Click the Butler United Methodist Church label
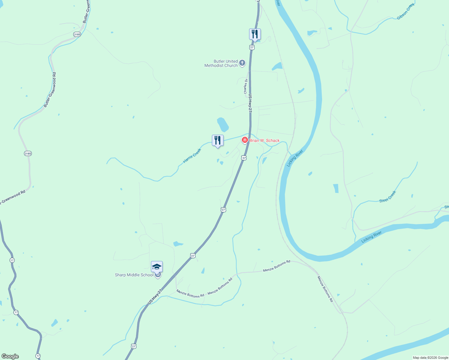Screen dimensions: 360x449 pos(221,63)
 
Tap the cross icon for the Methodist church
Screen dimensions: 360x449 pos(242,63)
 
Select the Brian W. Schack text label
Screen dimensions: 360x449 pos(264,140)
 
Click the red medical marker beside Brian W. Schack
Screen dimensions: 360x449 pos(245,140)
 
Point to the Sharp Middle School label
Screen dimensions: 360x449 pos(134,275)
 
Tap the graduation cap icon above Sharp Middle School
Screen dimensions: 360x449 pos(157,267)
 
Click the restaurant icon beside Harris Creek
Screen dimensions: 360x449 pos(218,141)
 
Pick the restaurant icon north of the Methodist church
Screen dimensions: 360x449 pos(255,34)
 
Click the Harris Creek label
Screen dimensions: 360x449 pos(192,156)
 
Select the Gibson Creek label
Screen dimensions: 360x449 pos(405,12)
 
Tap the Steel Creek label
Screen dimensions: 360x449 pos(388,197)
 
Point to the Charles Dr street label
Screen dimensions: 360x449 pos(246,86)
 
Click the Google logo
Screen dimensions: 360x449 pos(10,356)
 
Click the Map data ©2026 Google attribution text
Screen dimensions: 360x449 pos(430,358)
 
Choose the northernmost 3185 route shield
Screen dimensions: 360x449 pos(77,34)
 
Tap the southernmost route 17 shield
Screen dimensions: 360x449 pos(38,356)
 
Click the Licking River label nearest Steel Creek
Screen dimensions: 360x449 pos(372,237)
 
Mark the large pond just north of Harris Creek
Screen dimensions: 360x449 pos(223,124)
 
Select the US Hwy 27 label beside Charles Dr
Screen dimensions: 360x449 pos(250,103)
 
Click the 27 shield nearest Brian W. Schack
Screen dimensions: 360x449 pos(244,158)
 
